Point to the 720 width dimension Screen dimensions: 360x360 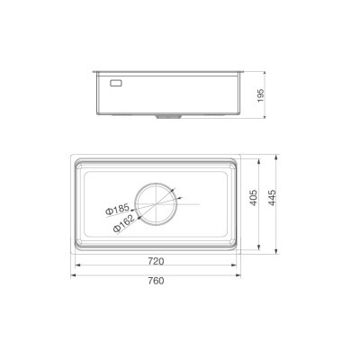[155, 262]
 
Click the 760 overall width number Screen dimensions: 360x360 [155, 280]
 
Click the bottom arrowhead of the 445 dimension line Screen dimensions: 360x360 [270, 253]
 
